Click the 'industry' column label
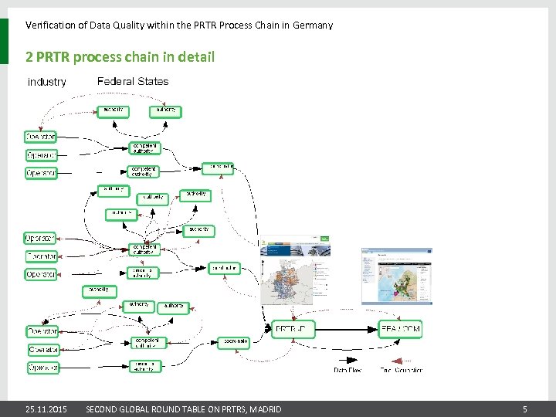pyautogui.click(x=47, y=82)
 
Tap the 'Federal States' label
pyautogui.click(x=133, y=81)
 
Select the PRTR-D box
pyautogui.click(x=293, y=329)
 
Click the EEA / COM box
pyautogui.click(x=400, y=329)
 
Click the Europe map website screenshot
pyautogui.click(x=396, y=276)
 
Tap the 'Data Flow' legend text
pyautogui.click(x=347, y=370)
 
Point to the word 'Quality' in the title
pyautogui.click(x=131, y=25)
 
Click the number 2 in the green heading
pyautogui.click(x=29, y=56)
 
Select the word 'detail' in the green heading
pyautogui.click(x=197, y=56)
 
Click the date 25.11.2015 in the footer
pyautogui.click(x=46, y=409)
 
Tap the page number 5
pyautogui.click(x=524, y=409)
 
